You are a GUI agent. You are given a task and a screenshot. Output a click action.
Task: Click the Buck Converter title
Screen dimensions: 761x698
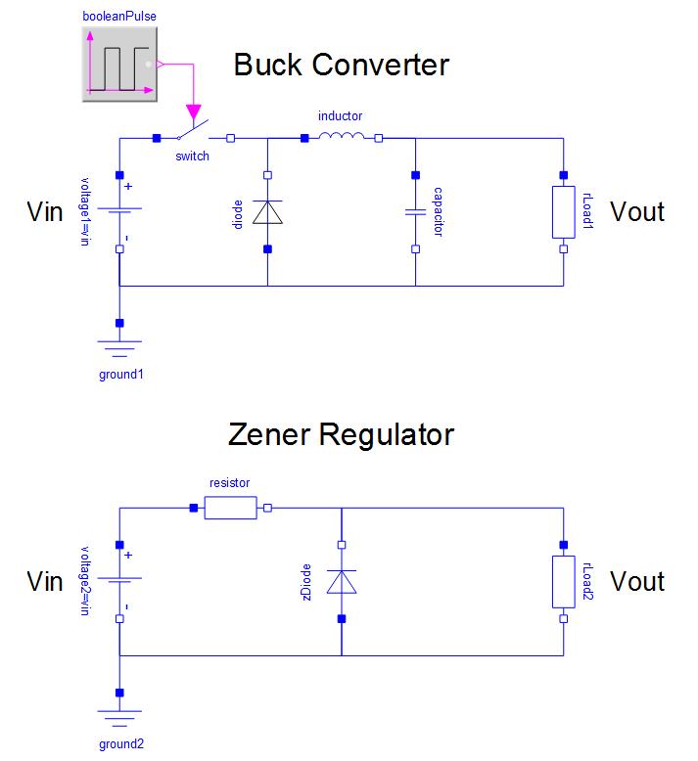coord(341,66)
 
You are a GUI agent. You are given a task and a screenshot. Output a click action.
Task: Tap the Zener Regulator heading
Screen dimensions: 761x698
coord(341,434)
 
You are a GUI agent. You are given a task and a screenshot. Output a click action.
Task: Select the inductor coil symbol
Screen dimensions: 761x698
coord(342,138)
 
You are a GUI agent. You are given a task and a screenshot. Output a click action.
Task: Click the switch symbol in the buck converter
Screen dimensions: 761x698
coord(194,134)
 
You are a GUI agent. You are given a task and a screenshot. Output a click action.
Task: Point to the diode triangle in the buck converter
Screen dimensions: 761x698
coord(267,211)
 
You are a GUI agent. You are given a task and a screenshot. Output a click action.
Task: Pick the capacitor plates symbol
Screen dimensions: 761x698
coord(415,211)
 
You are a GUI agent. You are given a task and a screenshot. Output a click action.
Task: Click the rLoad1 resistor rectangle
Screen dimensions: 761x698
coord(563,211)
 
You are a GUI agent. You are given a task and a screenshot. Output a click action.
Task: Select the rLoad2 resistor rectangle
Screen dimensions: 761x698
coord(563,581)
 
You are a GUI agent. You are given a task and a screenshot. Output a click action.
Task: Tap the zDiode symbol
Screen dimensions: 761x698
coord(341,581)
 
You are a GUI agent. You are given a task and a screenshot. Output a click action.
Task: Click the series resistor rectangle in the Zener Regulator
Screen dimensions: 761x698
coord(230,508)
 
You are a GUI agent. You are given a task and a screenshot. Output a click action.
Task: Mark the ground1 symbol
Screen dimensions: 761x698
coord(119,349)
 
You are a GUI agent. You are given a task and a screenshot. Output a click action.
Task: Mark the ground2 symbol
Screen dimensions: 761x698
coord(119,718)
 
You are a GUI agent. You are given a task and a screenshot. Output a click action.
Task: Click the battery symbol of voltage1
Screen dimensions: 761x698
coord(119,211)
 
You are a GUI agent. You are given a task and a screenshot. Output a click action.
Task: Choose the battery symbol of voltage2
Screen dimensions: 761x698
coord(119,581)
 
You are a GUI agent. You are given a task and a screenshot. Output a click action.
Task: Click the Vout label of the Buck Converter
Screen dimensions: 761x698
coord(637,211)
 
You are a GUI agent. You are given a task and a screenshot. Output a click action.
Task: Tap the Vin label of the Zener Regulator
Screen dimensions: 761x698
coord(44,581)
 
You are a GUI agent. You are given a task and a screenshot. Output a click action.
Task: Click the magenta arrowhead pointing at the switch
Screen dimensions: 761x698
coord(194,109)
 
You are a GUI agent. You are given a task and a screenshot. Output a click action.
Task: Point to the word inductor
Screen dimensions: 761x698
coord(341,116)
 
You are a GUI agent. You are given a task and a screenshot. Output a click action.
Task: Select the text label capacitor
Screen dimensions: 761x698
coord(438,212)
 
